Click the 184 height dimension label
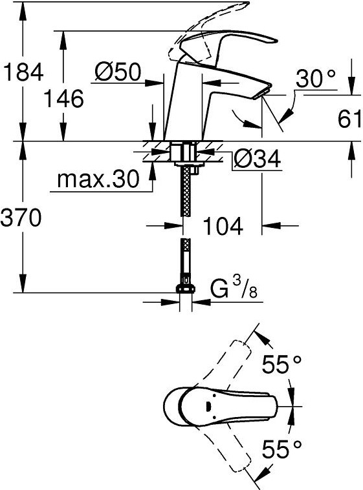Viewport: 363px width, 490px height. click(22, 72)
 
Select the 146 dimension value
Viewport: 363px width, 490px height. click(63, 98)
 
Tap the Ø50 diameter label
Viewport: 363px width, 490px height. click(118, 72)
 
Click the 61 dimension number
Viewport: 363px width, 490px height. click(349, 118)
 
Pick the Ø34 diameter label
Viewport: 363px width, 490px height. click(258, 159)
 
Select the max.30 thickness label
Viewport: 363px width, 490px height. click(98, 179)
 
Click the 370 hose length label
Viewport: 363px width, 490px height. click(21, 217)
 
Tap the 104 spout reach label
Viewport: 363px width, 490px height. click(223, 226)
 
